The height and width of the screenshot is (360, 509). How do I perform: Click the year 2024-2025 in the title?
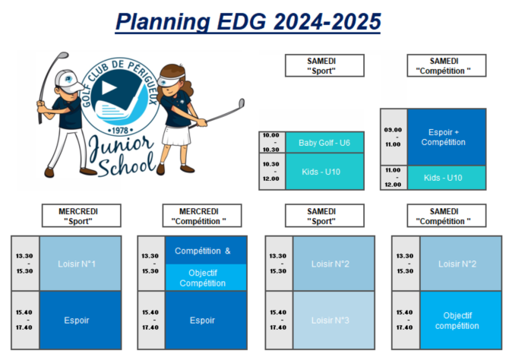(x=327, y=22)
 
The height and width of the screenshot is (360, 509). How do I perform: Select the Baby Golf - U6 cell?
(x=324, y=143)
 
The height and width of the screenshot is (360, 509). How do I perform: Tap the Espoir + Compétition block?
(x=447, y=137)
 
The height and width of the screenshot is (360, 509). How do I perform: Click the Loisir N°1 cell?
(x=81, y=264)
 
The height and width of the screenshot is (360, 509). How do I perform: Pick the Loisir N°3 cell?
(x=334, y=321)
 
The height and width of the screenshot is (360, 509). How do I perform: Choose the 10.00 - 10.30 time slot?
(x=272, y=142)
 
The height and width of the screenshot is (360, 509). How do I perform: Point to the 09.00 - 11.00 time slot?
(x=394, y=137)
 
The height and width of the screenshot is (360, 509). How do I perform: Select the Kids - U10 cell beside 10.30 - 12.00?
(x=324, y=172)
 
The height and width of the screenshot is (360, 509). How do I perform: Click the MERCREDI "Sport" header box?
(x=81, y=216)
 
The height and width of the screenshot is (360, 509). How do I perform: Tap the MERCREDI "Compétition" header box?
(x=202, y=216)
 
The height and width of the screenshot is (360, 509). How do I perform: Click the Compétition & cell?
(x=206, y=251)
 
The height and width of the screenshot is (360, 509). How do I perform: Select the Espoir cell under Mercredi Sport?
(x=81, y=321)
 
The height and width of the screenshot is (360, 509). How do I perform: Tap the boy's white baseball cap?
(x=68, y=81)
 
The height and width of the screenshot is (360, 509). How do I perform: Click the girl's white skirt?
(x=176, y=136)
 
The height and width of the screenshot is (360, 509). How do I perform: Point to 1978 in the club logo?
(x=120, y=131)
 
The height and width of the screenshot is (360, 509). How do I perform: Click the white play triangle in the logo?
(x=109, y=87)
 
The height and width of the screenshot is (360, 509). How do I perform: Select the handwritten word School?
(x=128, y=165)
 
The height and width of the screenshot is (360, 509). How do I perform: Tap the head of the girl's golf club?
(x=242, y=103)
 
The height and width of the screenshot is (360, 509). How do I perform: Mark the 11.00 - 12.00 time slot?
(x=394, y=178)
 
